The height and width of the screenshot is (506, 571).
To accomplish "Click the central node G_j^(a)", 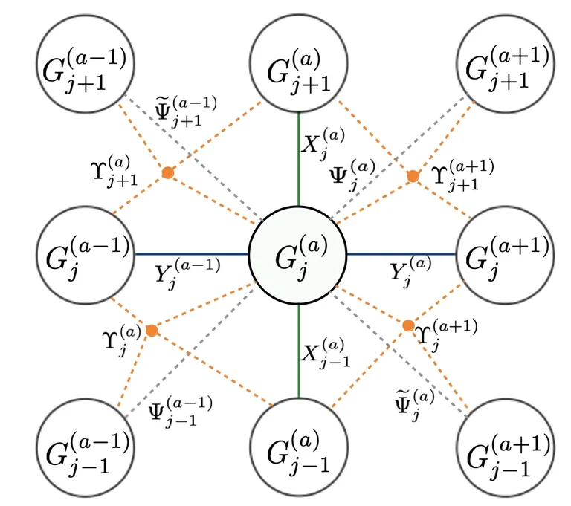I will [x=298, y=255].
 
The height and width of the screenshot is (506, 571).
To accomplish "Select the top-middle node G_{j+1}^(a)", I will [x=298, y=66].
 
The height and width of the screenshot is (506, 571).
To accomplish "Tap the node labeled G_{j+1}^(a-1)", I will [x=86, y=66].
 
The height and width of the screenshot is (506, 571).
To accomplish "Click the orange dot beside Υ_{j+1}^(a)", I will [x=168, y=172].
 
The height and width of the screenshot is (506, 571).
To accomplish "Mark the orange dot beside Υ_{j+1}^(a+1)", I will [x=413, y=176].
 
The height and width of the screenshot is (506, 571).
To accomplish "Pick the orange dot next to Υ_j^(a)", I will [x=152, y=330].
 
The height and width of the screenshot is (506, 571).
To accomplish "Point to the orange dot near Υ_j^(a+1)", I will [x=408, y=325].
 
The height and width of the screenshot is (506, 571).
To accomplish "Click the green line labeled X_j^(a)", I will [x=298, y=160].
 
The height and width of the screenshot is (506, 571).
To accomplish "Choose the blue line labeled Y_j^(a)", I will [x=401, y=254].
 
